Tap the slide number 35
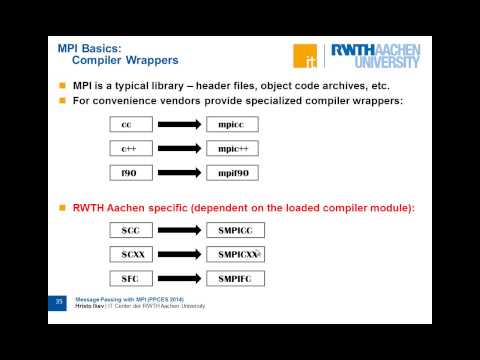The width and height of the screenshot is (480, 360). coord(58,301)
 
